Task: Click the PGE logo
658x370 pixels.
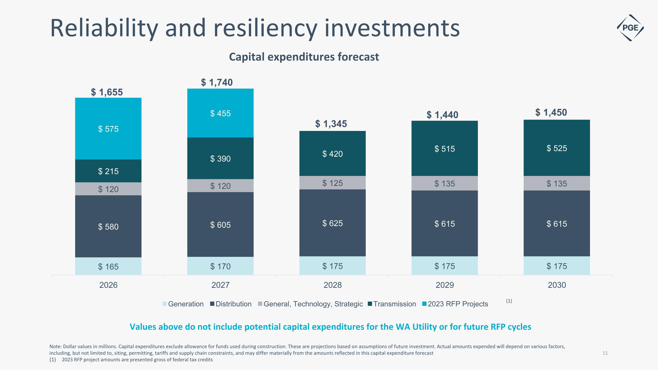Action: pos(630,28)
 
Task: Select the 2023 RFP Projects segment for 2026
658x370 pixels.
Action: pos(108,129)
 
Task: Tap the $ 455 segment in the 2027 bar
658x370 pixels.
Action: pos(220,113)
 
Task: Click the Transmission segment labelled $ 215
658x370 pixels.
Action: pos(108,171)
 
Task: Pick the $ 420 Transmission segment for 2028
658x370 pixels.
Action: pos(332,154)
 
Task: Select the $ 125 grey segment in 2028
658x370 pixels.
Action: pos(332,183)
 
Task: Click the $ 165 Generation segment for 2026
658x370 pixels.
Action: pos(108,266)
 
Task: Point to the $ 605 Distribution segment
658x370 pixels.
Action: pos(220,225)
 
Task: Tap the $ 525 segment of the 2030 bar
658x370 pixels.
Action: pos(557,148)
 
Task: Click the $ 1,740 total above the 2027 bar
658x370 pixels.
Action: pos(217,82)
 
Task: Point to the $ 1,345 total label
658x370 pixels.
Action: pos(331,124)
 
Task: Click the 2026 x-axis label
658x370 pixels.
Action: pos(108,285)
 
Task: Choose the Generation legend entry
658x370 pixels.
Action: pos(183,304)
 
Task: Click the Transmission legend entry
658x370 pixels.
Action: pos(392,304)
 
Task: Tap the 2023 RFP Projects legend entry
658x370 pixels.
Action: pos(455,304)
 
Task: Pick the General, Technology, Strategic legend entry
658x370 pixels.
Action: pos(311,304)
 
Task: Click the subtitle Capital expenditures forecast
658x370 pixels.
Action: pos(304,57)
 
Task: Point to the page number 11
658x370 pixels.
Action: pos(605,353)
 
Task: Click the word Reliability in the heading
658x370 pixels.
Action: pos(104,28)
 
